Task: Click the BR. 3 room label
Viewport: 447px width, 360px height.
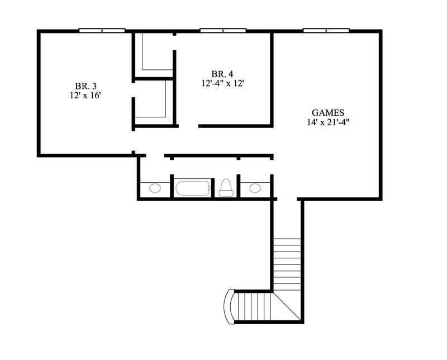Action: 85,86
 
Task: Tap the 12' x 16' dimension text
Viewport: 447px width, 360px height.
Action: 85,95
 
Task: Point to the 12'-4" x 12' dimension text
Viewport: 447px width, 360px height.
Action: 223,83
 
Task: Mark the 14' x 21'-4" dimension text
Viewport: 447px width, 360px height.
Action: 328,121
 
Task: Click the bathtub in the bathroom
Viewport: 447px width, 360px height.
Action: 193,188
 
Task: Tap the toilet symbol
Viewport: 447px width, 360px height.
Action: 226,187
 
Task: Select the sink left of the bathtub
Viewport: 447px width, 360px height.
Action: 155,188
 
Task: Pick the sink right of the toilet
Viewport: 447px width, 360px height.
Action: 255,188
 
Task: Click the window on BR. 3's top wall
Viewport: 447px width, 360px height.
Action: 102,30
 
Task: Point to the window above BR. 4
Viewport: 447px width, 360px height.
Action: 223,30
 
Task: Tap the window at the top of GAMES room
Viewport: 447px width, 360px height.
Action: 326,30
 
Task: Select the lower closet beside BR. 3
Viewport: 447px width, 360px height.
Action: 153,101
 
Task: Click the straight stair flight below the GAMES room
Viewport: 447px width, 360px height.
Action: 287,263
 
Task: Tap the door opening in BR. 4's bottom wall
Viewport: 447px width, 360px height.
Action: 188,126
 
